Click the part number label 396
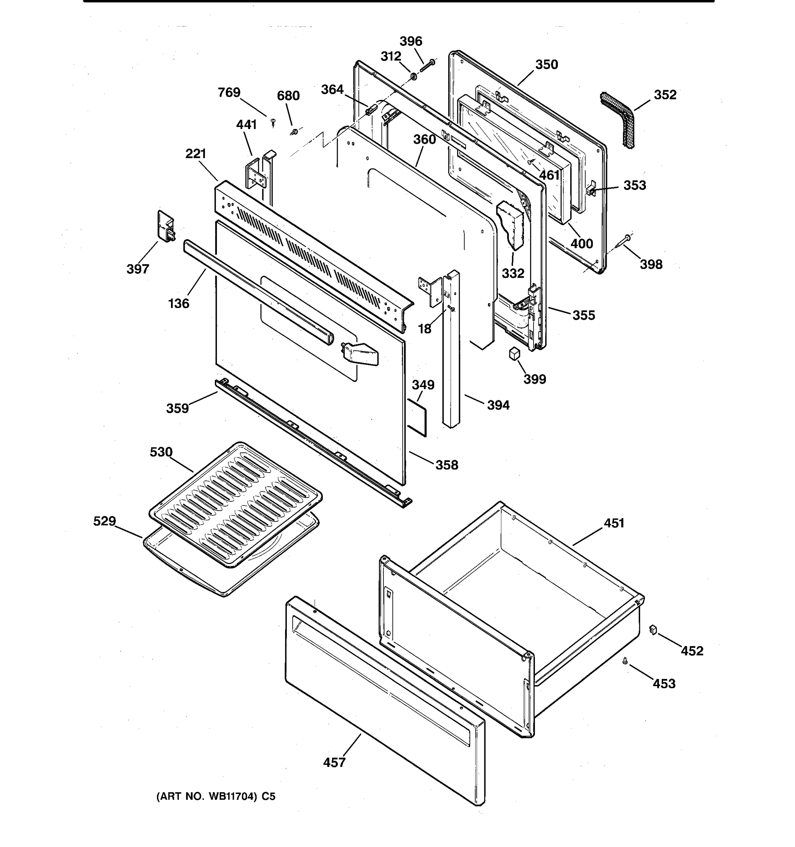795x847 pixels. pos(410,41)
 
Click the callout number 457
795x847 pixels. pos(334,762)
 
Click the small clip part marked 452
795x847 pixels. pos(653,629)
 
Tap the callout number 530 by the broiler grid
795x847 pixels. pos(161,452)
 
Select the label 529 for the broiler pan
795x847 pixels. pos(105,521)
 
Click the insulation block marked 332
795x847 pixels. pos(511,226)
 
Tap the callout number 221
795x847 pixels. pos(196,154)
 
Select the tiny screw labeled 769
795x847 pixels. pos(273,123)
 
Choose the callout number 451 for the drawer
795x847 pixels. pos(614,523)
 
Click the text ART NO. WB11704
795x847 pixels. pos(216,796)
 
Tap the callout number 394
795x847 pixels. pos(498,405)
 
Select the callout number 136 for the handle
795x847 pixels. pos(178,304)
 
